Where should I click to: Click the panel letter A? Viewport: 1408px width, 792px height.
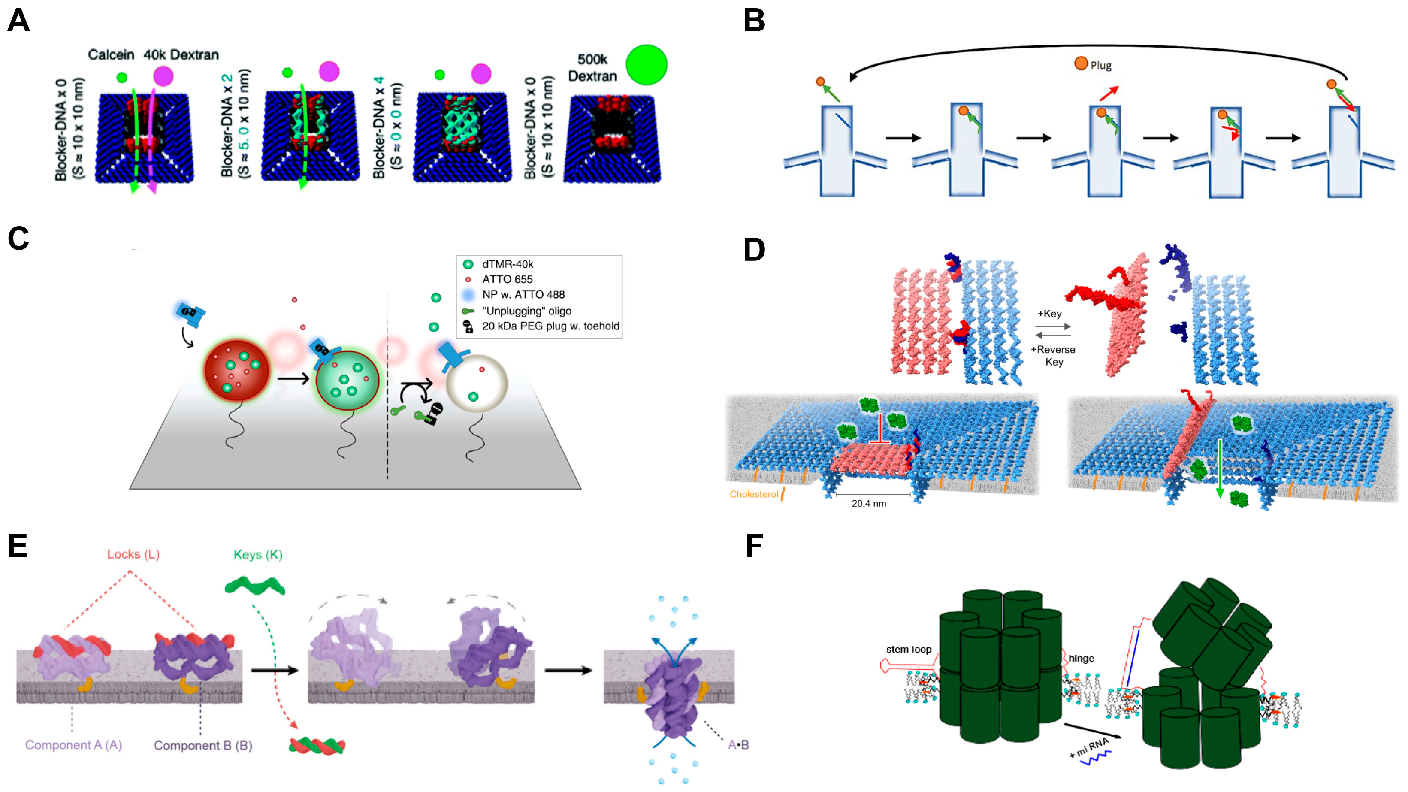tap(18, 21)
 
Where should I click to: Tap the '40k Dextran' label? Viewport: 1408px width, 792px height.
tap(181, 54)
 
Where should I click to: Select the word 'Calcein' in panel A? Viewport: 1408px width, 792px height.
tap(111, 54)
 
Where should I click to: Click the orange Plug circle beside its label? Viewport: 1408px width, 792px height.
tap(1081, 63)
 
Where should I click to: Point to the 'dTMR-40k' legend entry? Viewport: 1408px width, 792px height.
tap(507, 264)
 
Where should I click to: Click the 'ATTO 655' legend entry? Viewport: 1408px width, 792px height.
tap(507, 279)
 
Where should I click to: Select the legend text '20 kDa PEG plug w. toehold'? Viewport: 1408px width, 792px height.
tap(550, 326)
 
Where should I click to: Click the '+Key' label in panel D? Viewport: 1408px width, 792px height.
tap(1049, 314)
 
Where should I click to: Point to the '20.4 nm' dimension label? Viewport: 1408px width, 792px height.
tap(868, 503)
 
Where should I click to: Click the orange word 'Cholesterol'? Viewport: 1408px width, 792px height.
tap(753, 494)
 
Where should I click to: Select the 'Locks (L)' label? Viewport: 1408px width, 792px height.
tap(133, 554)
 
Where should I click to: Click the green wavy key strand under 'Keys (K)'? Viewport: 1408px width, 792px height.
tap(255, 586)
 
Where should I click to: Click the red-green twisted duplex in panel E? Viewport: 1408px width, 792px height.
tap(317, 746)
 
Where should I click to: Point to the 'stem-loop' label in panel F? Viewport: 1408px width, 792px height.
tap(909, 649)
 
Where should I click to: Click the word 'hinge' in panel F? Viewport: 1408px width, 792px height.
tap(1081, 658)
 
